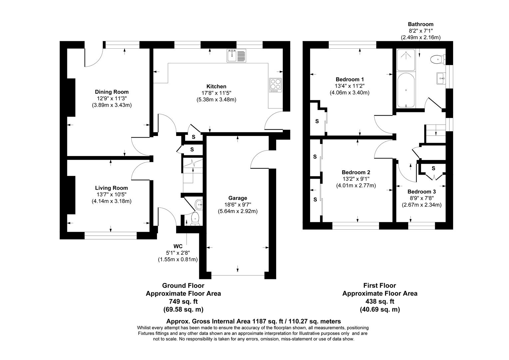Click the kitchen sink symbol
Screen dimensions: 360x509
(x=237, y=56)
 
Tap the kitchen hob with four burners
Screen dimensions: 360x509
(x=275, y=85)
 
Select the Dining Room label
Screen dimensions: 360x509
(x=112, y=92)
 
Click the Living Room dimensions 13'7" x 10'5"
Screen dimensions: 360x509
(x=111, y=194)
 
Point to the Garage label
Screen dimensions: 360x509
(x=238, y=198)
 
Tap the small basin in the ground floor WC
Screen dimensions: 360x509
(x=199, y=203)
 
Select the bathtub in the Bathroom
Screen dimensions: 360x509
(x=406, y=90)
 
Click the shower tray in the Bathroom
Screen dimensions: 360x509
(x=406, y=60)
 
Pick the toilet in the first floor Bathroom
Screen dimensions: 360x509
(x=437, y=60)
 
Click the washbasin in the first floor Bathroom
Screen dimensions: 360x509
(x=441, y=79)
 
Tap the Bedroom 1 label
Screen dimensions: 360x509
(x=349, y=79)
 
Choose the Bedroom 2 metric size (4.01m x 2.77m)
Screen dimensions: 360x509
(x=356, y=186)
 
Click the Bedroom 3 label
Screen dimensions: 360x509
(x=421, y=192)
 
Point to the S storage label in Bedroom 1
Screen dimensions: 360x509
(x=317, y=121)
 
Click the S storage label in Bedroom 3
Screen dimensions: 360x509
(x=433, y=168)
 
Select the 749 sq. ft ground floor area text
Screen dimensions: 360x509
(x=183, y=301)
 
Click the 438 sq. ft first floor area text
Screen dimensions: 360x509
(x=380, y=301)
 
